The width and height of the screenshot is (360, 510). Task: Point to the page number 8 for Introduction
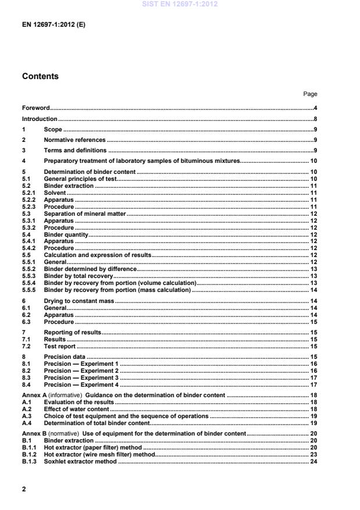pyautogui.click(x=315, y=119)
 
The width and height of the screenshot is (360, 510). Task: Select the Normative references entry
pyautogui.click(x=74, y=140)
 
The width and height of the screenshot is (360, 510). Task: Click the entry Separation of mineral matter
pyautogui.click(x=85, y=215)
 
